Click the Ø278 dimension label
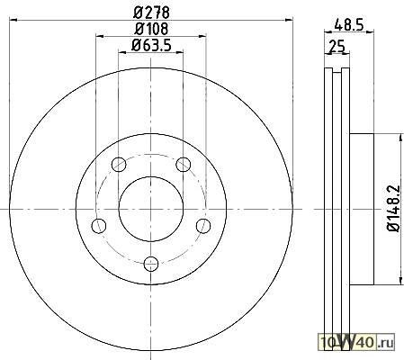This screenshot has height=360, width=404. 151,13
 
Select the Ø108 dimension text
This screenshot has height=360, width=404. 151,29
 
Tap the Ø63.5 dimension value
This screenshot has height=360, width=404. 151,45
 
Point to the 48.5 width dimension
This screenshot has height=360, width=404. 349,24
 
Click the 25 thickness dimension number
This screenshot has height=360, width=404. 337,47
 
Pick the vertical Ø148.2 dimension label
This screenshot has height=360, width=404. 394,209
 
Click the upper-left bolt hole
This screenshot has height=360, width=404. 119,164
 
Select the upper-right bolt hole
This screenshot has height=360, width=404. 183,164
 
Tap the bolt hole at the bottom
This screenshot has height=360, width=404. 151,264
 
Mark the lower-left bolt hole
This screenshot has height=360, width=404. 99,226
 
